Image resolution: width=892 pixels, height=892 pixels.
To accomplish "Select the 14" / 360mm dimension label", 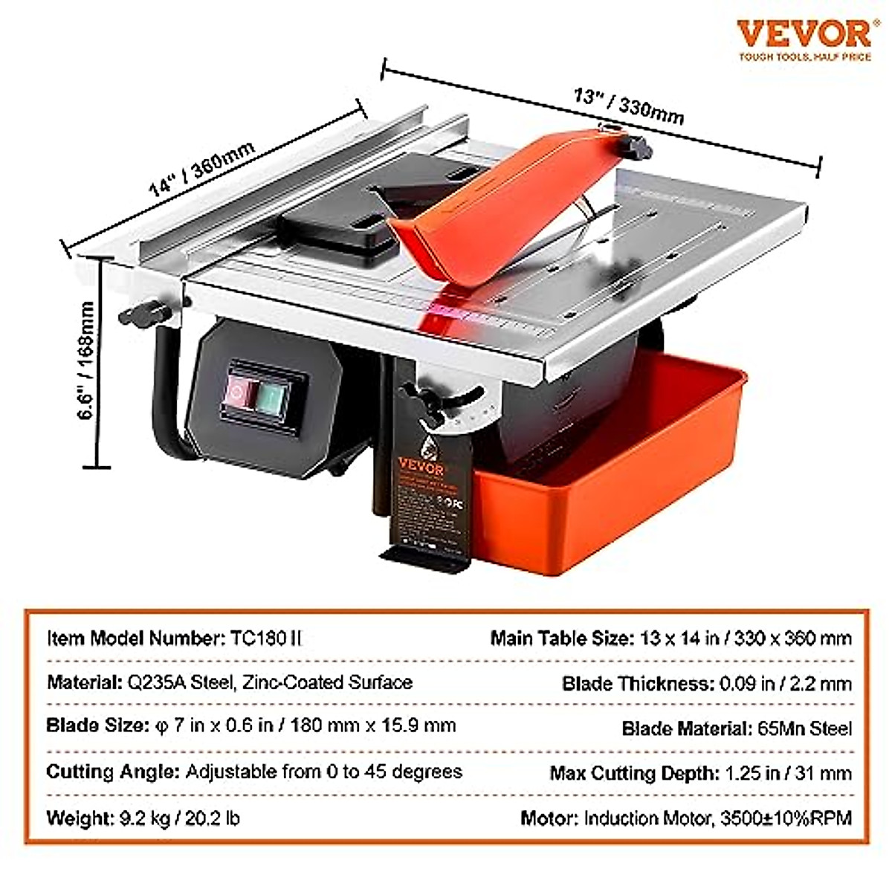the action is (x=202, y=168).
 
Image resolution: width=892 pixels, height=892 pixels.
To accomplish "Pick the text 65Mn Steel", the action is (x=804, y=728).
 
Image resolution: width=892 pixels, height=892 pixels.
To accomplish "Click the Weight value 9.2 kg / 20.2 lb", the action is (x=179, y=818).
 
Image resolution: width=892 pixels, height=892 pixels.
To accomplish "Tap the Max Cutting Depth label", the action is (x=632, y=773).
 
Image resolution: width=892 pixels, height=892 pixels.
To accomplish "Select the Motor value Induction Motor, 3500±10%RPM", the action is (x=717, y=818).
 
